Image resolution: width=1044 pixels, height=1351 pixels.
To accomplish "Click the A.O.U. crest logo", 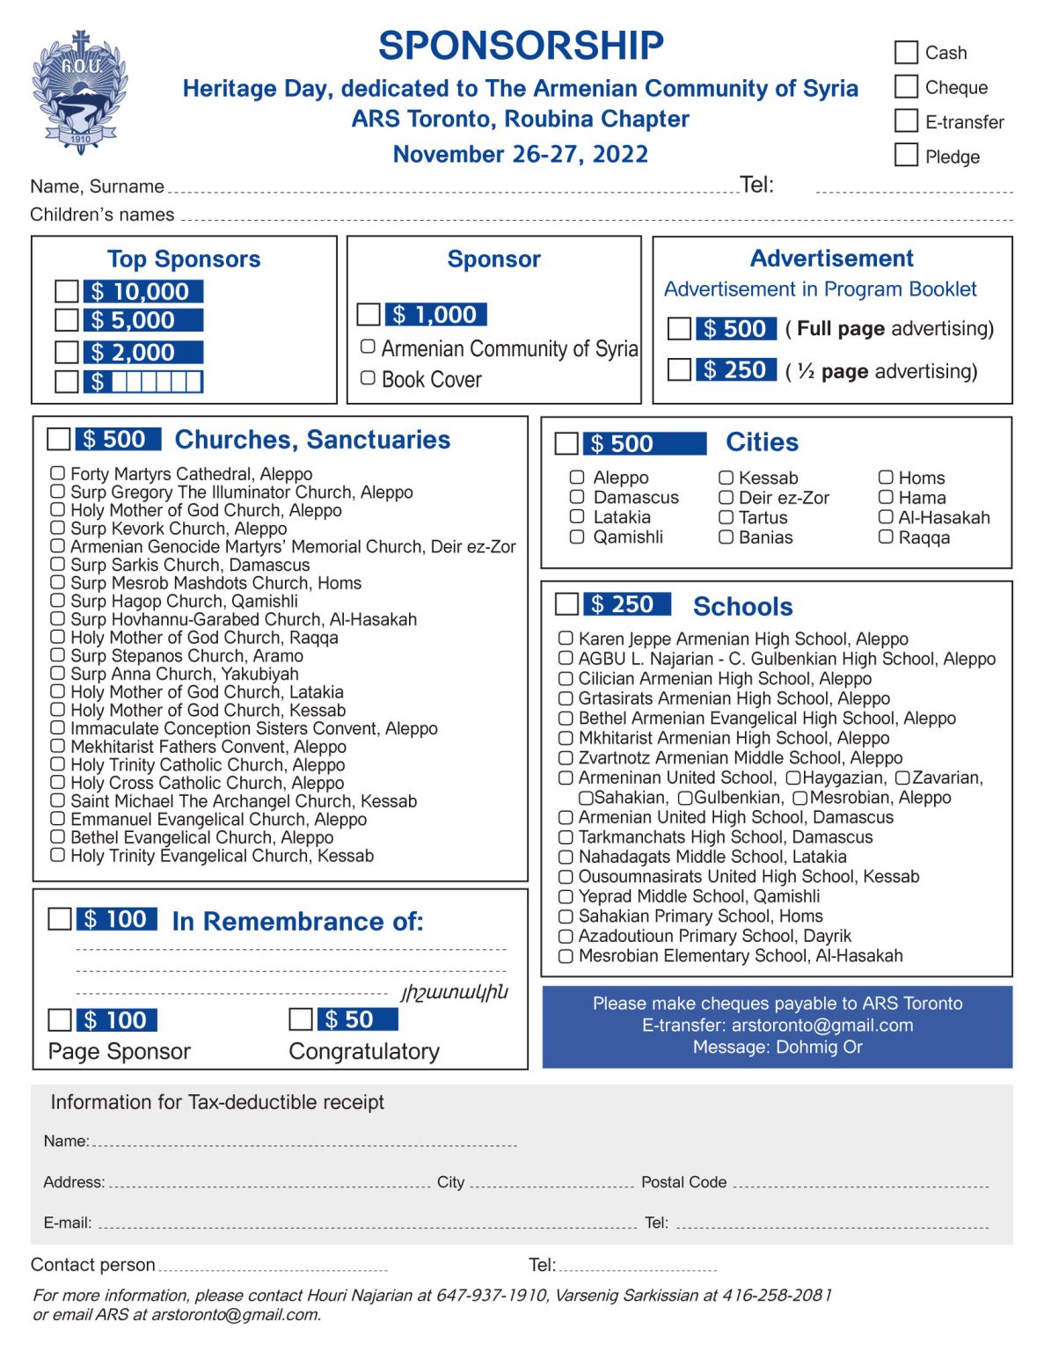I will [x=80, y=93].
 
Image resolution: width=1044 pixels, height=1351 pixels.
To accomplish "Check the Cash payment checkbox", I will [x=906, y=52].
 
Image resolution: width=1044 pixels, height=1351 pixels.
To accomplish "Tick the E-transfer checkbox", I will [x=906, y=120].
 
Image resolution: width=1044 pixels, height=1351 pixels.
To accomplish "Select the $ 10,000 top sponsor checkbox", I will [x=67, y=291].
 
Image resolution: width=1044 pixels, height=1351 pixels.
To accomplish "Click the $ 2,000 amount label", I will [x=143, y=353].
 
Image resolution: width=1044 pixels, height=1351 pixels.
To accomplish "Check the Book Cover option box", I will [x=369, y=378].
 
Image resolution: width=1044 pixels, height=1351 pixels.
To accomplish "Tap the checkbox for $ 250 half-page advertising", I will [x=679, y=369].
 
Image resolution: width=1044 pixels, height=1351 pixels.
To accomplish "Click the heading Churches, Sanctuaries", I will [x=312, y=440].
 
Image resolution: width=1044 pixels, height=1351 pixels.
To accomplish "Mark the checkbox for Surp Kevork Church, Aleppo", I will [x=57, y=528].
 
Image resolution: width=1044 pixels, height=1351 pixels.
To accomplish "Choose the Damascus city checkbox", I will [x=577, y=497].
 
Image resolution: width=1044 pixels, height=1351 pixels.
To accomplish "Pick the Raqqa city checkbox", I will [x=886, y=537].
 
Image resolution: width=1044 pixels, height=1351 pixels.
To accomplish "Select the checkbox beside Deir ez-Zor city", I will [x=726, y=497].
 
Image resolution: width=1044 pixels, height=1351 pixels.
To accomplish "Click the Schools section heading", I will [x=742, y=606].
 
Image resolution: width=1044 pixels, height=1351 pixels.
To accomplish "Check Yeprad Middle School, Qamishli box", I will [x=566, y=896].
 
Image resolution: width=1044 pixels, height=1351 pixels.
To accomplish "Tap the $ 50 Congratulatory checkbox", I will [x=301, y=1019].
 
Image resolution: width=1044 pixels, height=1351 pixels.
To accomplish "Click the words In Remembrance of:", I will [x=297, y=921].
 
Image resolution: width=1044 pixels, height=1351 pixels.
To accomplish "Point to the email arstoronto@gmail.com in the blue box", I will [x=822, y=1025].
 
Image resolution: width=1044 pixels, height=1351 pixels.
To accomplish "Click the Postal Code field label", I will [x=683, y=1182].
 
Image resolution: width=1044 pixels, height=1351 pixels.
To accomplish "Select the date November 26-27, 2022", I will [x=520, y=154].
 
